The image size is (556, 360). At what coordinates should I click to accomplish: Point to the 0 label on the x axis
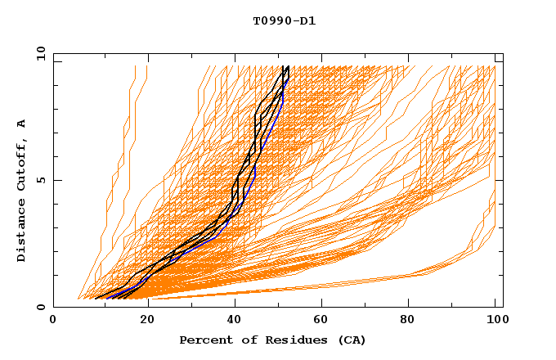(x=53, y=319)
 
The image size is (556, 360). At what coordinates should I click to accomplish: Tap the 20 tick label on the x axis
(x=146, y=319)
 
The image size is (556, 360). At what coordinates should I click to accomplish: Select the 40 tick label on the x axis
(x=235, y=319)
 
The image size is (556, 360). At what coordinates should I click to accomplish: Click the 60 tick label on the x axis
(x=323, y=319)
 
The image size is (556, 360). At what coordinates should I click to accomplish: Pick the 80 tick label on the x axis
(x=411, y=319)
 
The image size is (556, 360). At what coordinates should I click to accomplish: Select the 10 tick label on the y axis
(x=39, y=53)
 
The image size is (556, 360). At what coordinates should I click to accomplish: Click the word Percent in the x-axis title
(x=203, y=340)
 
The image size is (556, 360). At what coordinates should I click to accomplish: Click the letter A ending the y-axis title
(x=21, y=123)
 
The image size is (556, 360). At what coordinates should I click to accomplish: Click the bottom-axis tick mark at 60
(x=323, y=304)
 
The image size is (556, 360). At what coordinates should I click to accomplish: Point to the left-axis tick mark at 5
(x=56, y=180)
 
